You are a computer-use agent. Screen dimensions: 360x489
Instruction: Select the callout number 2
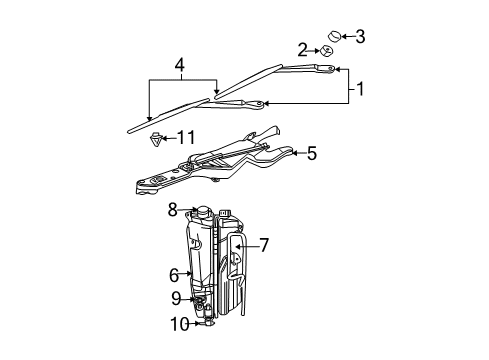tap(302, 49)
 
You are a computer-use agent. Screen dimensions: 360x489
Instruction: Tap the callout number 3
tap(360, 37)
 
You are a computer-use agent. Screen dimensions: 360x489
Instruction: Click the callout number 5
tap(311, 153)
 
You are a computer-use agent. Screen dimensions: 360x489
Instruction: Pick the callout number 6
tap(173, 274)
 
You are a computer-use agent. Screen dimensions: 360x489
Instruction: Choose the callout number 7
tap(264, 243)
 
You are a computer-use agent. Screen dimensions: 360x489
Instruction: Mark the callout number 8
tap(173, 210)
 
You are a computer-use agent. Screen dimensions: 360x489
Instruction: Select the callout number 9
tap(175, 298)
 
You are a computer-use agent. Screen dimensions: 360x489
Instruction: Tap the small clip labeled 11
tap(155, 137)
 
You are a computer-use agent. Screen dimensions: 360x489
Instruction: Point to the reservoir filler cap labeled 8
tap(203, 212)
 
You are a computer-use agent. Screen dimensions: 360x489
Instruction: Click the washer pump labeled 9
tap(200, 300)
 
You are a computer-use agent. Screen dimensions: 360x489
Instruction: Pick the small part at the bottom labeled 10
tap(207, 322)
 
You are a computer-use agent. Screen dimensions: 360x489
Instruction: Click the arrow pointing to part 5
tap(293, 153)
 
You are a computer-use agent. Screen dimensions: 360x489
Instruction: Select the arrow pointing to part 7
tap(248, 243)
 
